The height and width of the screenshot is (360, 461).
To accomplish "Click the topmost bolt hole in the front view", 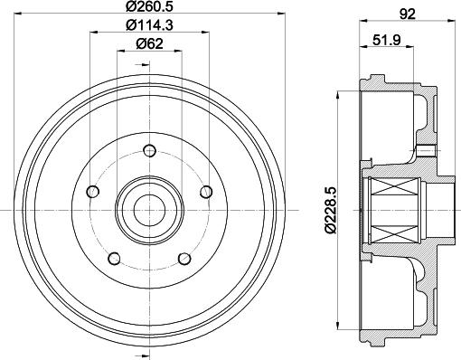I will (x=149, y=151).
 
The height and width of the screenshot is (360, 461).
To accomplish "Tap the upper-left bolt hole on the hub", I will (x=92, y=192).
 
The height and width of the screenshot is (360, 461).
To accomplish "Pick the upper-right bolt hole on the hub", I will (x=205, y=192).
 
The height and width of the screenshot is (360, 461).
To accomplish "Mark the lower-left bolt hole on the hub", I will (x=114, y=258).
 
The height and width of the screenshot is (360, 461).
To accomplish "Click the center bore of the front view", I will (x=149, y=210).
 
